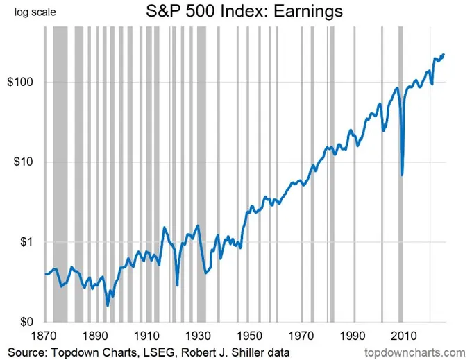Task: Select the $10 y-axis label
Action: [24, 162]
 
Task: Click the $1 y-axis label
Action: [27, 242]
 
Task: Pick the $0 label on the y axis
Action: [27, 322]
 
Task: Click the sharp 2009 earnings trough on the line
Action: [403, 174]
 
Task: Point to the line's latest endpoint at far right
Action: [444, 55]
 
